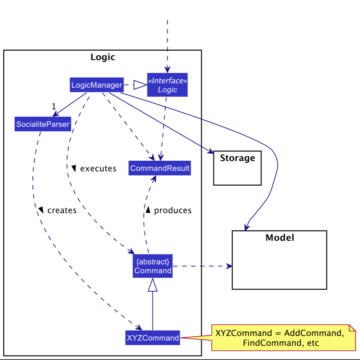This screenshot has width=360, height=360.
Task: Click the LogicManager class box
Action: click(96, 85)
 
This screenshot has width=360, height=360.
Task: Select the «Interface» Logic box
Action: click(167, 85)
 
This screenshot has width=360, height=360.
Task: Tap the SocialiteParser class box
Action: click(43, 125)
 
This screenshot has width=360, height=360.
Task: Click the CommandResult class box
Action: click(160, 168)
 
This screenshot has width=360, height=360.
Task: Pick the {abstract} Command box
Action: click(153, 266)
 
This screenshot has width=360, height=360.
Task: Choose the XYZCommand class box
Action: click(153, 338)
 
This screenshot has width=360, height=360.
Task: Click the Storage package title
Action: click(237, 158)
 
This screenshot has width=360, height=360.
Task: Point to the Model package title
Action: click(280, 237)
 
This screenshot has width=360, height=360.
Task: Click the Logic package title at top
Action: click(102, 57)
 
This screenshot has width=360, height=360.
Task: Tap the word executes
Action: click(98, 169)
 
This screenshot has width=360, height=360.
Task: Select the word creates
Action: click(62, 210)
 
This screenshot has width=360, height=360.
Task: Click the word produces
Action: click(173, 210)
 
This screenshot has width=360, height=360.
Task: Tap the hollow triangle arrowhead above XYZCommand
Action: click(153, 285)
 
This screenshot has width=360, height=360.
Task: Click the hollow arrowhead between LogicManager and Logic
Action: click(139, 85)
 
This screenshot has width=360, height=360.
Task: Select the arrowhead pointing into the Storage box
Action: click(210, 152)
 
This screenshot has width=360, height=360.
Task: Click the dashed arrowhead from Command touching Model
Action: click(229, 266)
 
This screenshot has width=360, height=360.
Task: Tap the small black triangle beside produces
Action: click(148, 210)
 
